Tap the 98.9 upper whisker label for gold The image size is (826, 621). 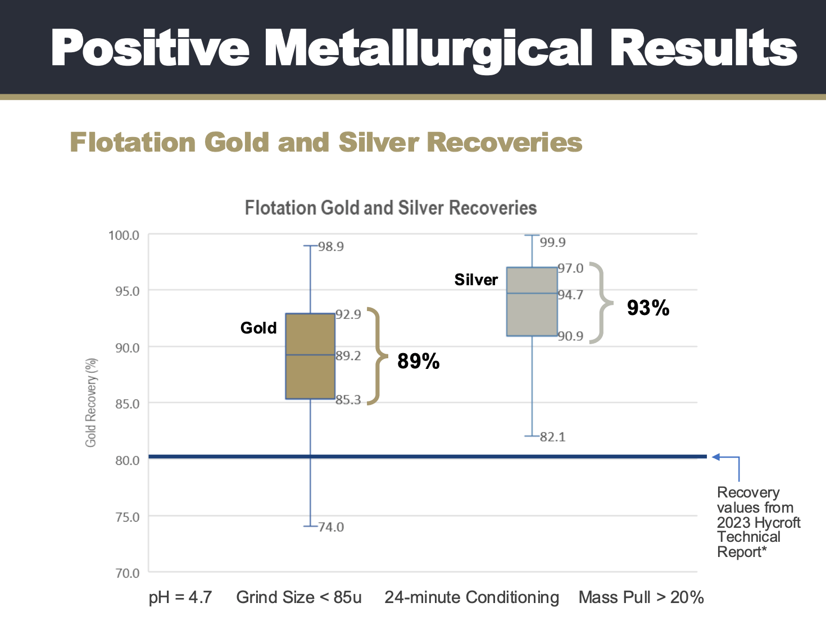click(x=331, y=246)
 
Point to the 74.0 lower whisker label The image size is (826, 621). click(x=331, y=527)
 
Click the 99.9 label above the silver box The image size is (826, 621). click(x=552, y=243)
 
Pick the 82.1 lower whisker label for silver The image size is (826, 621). click(x=552, y=437)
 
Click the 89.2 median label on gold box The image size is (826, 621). click(x=348, y=355)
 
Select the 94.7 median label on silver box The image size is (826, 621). click(x=570, y=295)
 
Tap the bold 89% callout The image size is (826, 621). click(x=418, y=361)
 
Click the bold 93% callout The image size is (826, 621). click(x=648, y=308)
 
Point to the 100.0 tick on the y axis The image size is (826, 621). click(x=124, y=235)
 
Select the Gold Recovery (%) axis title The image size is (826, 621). click(x=91, y=402)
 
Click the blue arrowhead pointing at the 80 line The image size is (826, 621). click(x=716, y=457)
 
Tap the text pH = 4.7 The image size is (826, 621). click(x=180, y=597)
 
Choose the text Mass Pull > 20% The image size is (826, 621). click(x=641, y=597)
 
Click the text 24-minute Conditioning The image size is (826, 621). click(x=471, y=597)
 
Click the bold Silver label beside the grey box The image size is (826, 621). click(x=476, y=280)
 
